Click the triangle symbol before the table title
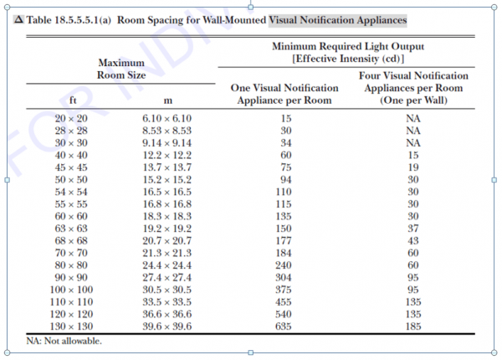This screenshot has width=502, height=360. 19,19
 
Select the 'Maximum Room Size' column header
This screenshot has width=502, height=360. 121,69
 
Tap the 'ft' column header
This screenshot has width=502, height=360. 73,100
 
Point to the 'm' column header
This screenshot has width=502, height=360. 168,101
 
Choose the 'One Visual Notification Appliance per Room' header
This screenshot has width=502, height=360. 284,94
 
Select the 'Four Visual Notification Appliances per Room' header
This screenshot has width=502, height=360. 413,88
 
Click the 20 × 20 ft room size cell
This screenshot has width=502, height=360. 71,119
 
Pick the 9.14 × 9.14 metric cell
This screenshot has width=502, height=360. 166,143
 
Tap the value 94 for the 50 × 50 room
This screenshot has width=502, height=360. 286,180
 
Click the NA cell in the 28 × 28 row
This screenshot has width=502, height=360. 413,131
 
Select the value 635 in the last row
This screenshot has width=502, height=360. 284,327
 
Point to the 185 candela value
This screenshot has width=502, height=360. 413,327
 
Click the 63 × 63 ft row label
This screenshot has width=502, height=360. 71,229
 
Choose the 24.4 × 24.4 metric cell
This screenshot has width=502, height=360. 166,265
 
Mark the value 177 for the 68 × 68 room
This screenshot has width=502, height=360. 284,241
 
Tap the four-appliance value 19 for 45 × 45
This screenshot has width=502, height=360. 413,167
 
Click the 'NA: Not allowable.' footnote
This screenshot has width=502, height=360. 64,341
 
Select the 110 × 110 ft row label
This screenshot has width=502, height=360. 71,302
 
